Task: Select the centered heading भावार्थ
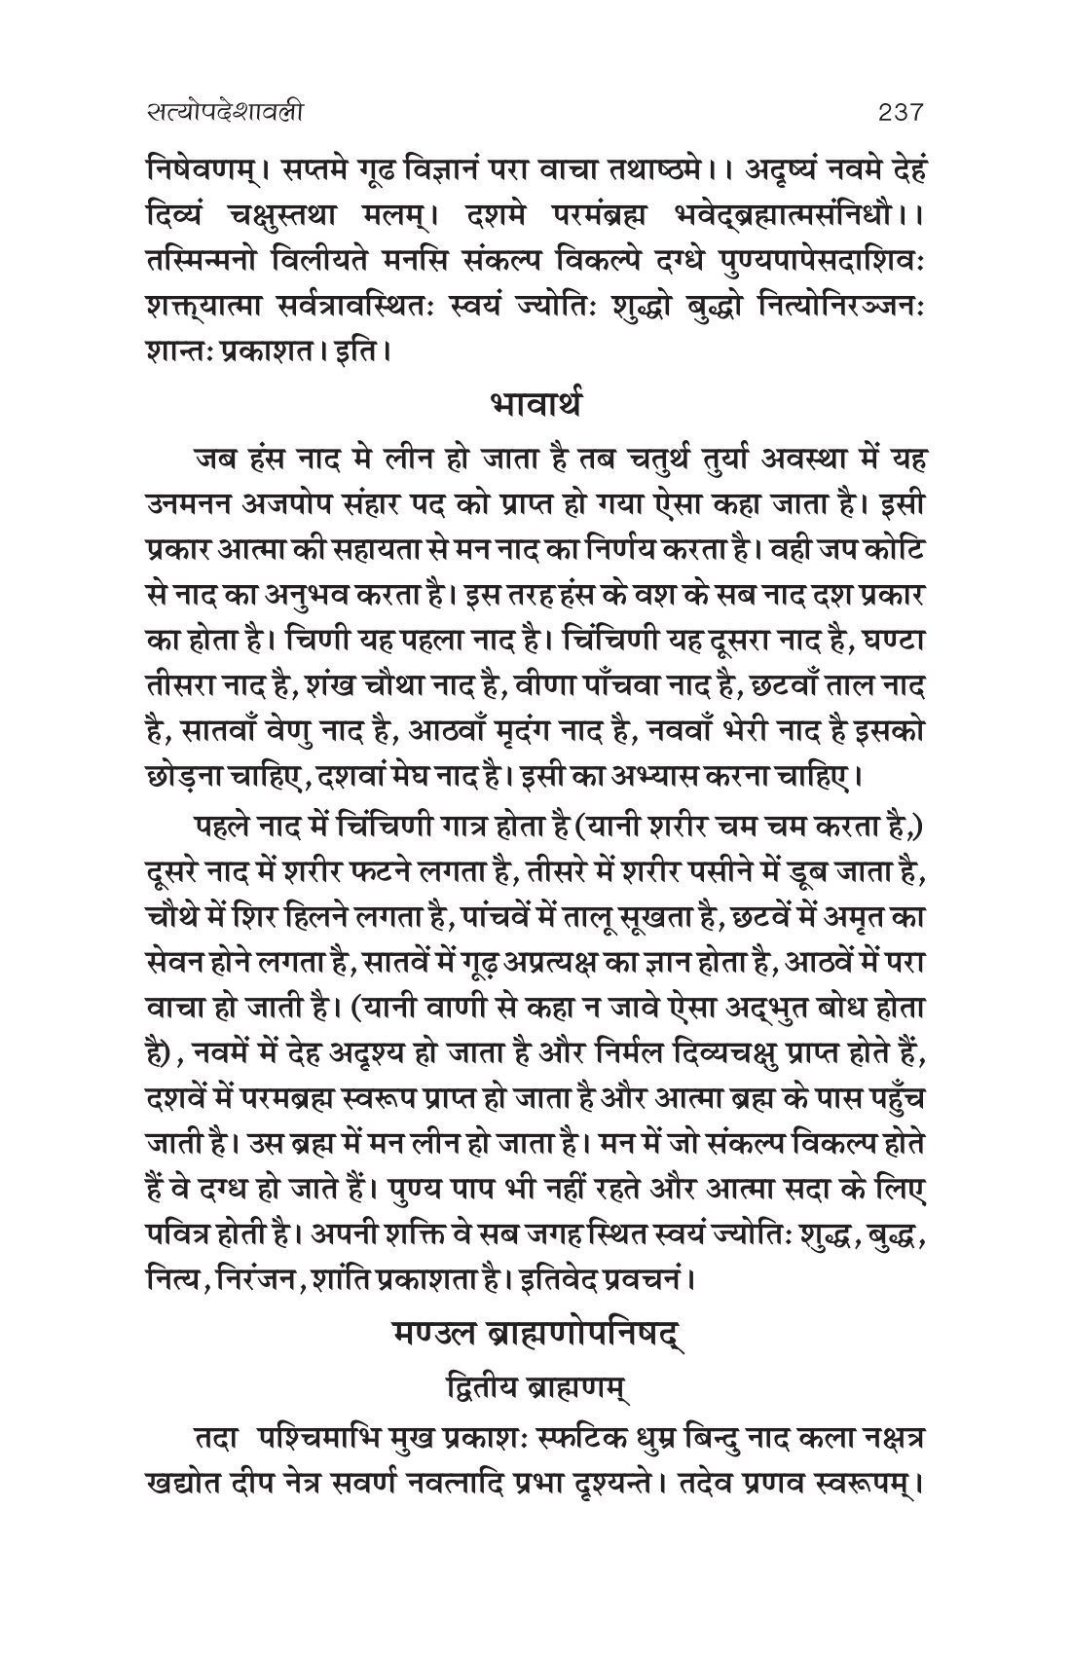[535, 403]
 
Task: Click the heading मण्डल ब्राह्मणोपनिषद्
[535, 1332]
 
